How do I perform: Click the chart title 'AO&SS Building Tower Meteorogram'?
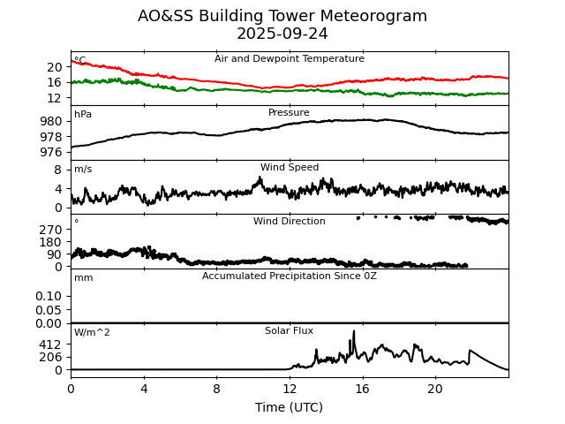pyautogui.click(x=282, y=16)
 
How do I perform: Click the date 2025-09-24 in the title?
pyautogui.click(x=282, y=34)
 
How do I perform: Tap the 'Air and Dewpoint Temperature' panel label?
pyautogui.click(x=290, y=59)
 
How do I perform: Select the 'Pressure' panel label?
pyautogui.click(x=290, y=113)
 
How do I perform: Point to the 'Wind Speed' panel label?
pyautogui.click(x=290, y=168)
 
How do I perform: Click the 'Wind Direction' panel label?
pyautogui.click(x=290, y=222)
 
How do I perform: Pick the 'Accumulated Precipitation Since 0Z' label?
pyautogui.click(x=290, y=276)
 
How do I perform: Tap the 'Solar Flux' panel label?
pyautogui.click(x=290, y=331)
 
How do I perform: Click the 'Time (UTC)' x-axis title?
pyautogui.click(x=290, y=407)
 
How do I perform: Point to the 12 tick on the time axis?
pyautogui.click(x=290, y=389)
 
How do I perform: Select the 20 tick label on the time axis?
pyautogui.click(x=435, y=389)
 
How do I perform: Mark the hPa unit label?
pyautogui.click(x=83, y=115)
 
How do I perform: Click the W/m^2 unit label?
pyautogui.click(x=92, y=333)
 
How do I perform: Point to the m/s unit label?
pyautogui.click(x=83, y=170)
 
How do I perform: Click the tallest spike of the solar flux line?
pyautogui.click(x=354, y=331)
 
